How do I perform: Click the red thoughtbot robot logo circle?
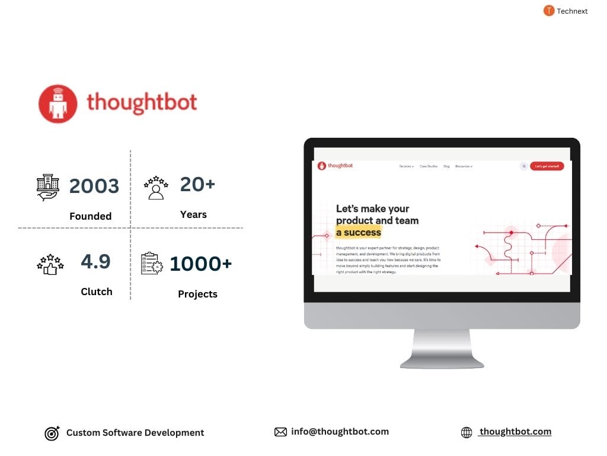click(58, 103)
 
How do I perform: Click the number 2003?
click(94, 186)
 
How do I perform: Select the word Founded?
click(90, 216)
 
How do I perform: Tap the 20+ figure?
click(197, 184)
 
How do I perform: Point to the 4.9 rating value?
click(95, 261)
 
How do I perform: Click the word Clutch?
click(96, 292)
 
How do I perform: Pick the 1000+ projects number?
click(200, 264)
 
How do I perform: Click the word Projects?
click(197, 294)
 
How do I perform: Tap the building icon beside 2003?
click(47, 187)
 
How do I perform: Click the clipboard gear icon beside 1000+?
click(152, 264)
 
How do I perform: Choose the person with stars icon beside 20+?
click(156, 187)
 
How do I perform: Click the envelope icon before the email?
click(280, 432)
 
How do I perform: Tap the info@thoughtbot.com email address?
click(340, 432)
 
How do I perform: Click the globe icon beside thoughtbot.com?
click(467, 432)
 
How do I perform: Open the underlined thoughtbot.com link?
click(515, 432)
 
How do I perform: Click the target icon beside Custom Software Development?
click(52, 433)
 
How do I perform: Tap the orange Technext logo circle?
click(549, 11)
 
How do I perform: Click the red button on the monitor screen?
click(547, 166)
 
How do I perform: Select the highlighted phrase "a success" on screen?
click(359, 232)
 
